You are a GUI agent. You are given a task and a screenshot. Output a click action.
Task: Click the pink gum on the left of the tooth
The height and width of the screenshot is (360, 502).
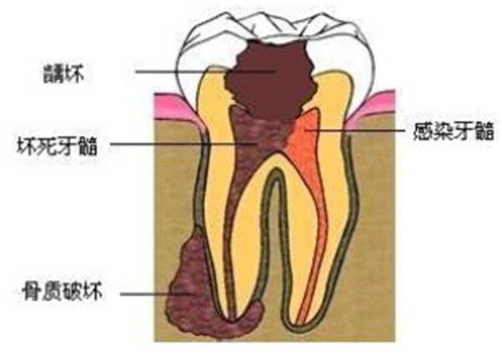[x=172, y=105]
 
